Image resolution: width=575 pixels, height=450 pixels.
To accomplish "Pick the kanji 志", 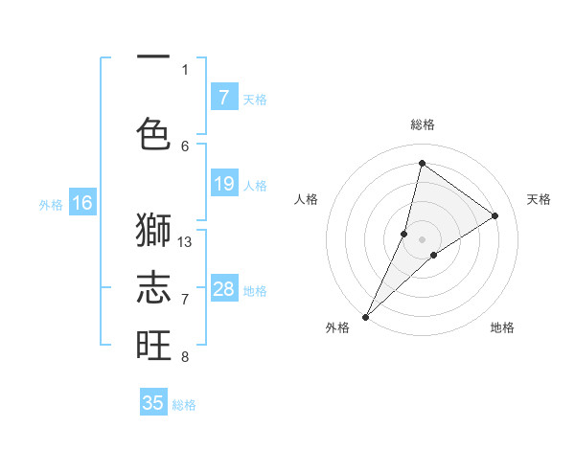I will (x=153, y=287).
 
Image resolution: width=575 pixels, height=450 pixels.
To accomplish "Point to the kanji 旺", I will (x=153, y=345).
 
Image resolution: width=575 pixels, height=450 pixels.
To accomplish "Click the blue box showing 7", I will (x=224, y=97).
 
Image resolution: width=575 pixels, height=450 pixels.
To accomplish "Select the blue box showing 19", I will (x=224, y=184).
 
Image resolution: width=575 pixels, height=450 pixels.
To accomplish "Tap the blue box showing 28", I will (x=224, y=289).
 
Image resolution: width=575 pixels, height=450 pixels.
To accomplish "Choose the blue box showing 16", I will (x=82, y=202).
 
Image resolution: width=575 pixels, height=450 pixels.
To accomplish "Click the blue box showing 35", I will (x=153, y=403).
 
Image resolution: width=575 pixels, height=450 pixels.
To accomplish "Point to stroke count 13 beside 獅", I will (x=185, y=241).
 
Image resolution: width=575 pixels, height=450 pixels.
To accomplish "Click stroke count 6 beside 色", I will (x=185, y=146).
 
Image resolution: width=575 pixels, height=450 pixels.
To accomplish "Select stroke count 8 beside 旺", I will (x=185, y=357).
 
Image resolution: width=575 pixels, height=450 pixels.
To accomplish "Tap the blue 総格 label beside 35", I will (x=184, y=405).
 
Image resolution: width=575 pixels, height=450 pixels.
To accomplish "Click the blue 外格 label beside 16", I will (x=51, y=204).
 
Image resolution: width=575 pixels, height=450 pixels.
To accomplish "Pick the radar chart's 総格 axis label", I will (x=422, y=124).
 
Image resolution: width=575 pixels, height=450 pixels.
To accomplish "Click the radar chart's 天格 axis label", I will (x=539, y=199).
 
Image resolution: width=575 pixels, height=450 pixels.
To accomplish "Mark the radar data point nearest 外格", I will (x=365, y=316).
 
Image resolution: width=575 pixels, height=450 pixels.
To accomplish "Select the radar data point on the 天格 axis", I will (x=495, y=215).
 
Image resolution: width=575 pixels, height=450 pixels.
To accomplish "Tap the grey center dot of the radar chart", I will (x=422, y=239).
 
